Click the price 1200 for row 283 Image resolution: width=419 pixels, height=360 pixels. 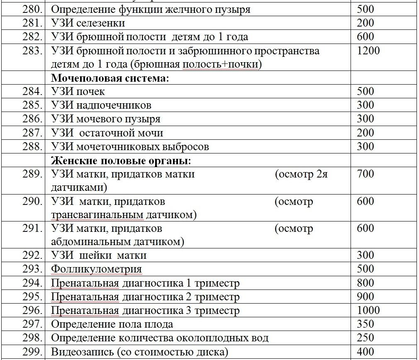[x=368, y=51]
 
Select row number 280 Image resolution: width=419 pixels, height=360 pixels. [x=32, y=9]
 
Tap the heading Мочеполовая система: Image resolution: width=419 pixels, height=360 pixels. [x=110, y=78]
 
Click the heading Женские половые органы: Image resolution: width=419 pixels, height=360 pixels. [x=121, y=161]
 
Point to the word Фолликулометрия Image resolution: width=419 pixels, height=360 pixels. [x=96, y=269]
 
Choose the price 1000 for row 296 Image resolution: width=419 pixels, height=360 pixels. [x=368, y=310]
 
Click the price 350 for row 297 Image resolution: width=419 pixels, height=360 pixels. [x=365, y=324]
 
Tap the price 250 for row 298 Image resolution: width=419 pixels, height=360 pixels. [x=365, y=338]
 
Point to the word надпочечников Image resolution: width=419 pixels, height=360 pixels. [x=114, y=105]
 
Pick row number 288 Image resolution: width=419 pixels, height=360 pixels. [x=32, y=146]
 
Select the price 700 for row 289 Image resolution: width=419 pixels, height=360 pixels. [x=365, y=174]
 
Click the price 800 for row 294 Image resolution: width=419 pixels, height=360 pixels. [x=365, y=283]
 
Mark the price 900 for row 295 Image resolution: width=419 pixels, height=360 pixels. [x=365, y=297]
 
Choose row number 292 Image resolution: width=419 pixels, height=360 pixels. [x=32, y=255]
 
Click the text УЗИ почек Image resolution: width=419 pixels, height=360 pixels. [x=78, y=92]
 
